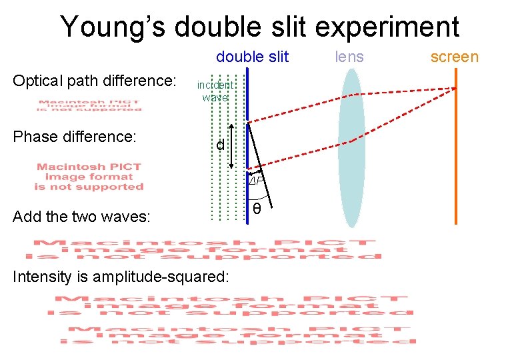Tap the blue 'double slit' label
(x=252, y=57)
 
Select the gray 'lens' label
(x=349, y=57)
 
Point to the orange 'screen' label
(x=454, y=57)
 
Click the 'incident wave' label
(x=215, y=91)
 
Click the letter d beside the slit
(x=219, y=145)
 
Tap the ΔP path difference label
(x=257, y=181)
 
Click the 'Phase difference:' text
(x=75, y=137)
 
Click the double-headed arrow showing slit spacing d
(x=231, y=145)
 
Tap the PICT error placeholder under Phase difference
(x=89, y=177)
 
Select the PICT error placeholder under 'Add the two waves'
(x=203, y=248)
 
